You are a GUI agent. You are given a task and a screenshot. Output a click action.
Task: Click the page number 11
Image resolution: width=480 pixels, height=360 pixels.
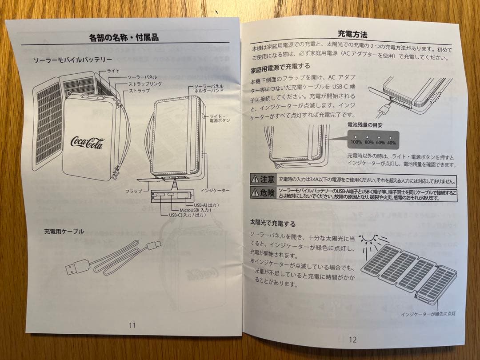(132, 325)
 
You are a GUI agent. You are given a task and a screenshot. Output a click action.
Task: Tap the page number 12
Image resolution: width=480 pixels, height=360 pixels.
(352, 340)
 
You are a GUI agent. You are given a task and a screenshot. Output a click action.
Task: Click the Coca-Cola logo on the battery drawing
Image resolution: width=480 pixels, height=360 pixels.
(87, 143)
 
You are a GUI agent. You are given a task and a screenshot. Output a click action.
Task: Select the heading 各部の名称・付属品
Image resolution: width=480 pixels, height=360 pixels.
(124, 38)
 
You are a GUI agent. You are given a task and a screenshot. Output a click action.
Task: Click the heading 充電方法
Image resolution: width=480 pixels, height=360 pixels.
(352, 34)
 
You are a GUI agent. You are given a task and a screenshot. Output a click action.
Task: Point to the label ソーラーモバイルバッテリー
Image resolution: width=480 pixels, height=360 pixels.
(73, 60)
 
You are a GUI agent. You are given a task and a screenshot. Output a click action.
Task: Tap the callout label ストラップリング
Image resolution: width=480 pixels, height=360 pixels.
(144, 84)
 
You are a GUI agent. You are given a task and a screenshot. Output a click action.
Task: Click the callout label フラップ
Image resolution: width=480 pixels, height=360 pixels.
(133, 191)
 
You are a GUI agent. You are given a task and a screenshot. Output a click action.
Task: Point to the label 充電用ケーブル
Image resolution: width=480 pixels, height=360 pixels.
(64, 232)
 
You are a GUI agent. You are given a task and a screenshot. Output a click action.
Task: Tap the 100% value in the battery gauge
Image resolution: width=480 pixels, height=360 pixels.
(356, 142)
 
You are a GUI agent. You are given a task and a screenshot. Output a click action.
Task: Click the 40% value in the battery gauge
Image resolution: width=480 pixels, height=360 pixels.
(391, 143)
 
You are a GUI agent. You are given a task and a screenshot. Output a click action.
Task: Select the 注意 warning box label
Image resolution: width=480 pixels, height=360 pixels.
(263, 180)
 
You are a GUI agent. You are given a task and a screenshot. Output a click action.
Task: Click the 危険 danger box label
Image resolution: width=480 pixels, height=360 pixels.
(263, 193)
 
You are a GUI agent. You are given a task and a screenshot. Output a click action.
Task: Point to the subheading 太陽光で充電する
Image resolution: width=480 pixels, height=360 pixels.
(272, 224)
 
